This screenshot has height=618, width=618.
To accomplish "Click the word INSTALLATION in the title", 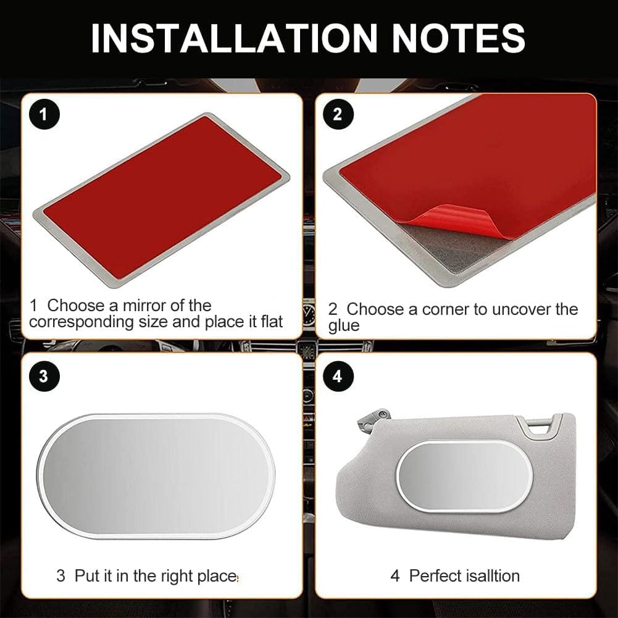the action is click(234, 38).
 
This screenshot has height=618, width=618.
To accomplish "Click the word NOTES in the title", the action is click(458, 38).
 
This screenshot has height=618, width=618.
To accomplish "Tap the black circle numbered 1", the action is click(44, 114).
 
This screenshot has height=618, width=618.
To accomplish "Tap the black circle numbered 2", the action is click(337, 114).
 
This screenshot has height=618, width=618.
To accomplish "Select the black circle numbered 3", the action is click(44, 375).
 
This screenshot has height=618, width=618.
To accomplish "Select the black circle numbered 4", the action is click(337, 375).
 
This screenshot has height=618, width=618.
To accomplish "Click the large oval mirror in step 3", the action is click(156, 476).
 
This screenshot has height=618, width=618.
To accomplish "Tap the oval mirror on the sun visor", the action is click(464, 476).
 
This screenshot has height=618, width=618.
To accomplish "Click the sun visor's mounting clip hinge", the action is click(373, 419).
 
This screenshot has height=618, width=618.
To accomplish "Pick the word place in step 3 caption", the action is click(217, 577).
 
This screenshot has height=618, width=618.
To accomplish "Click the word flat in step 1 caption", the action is click(272, 322).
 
